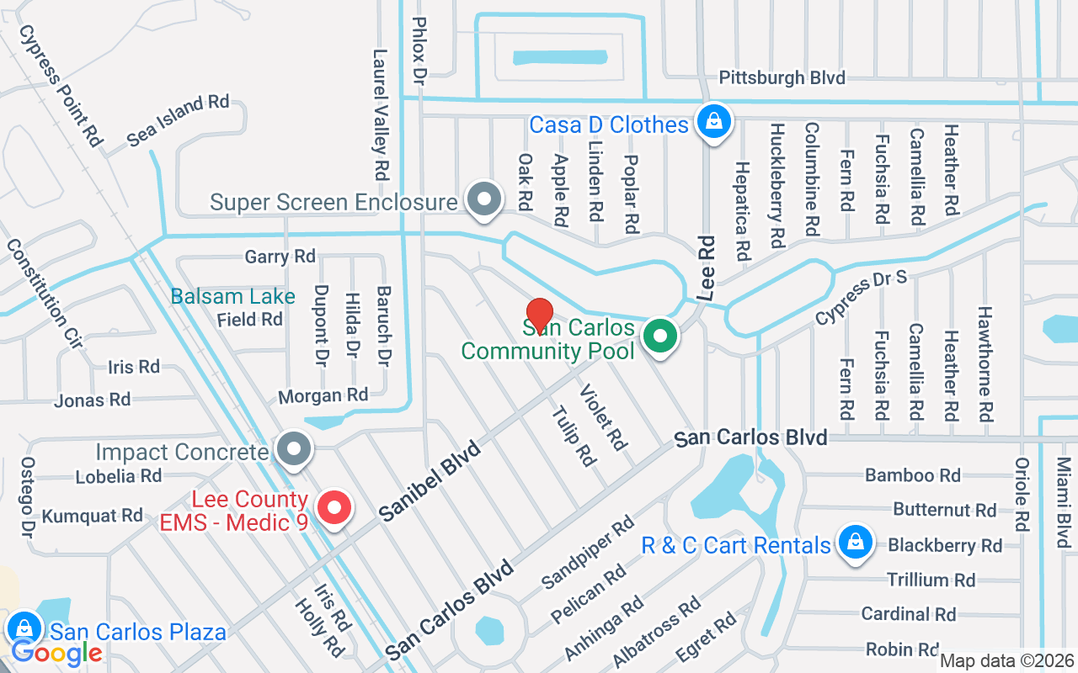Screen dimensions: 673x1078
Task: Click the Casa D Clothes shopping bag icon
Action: point(714,123)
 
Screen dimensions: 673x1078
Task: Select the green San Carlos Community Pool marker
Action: point(661,337)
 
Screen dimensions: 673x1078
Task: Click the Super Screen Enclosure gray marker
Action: point(484,200)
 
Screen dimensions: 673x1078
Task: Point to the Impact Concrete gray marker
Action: point(293,449)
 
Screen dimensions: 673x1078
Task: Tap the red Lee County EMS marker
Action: point(334,508)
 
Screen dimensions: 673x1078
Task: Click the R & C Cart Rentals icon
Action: point(855,543)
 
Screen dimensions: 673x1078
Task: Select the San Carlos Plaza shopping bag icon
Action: point(25,628)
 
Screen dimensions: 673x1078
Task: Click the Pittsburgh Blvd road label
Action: point(782,78)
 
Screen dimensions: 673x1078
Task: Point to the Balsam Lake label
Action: point(232,296)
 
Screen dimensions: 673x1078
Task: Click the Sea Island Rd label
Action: point(178,121)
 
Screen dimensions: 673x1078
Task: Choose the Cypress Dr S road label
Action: point(860,299)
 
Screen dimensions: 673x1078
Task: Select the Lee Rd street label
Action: point(706,268)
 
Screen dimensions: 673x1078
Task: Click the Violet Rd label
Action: point(604,417)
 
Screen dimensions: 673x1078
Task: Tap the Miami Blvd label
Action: point(1064,502)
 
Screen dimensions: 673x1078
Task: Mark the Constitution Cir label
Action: point(44,294)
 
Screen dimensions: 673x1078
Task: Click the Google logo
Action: point(56,652)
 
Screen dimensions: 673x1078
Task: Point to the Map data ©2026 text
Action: point(1006,661)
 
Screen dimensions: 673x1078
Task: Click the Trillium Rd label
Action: point(931,580)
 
